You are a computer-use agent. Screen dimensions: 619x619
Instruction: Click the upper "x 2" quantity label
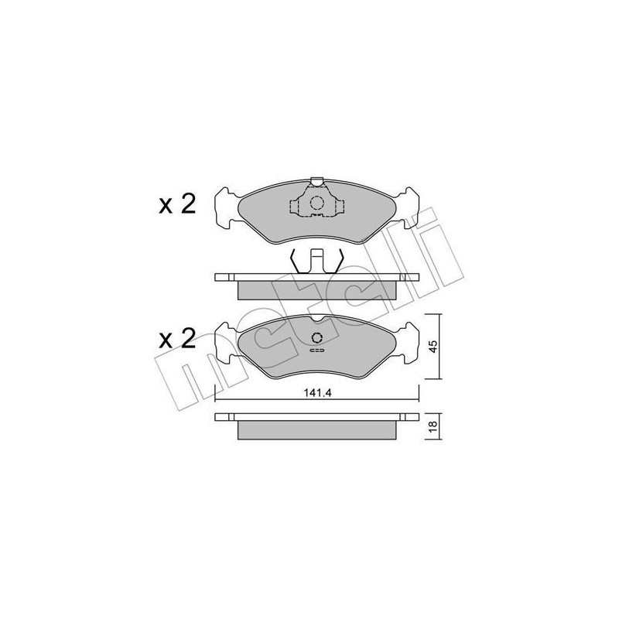click(x=177, y=204)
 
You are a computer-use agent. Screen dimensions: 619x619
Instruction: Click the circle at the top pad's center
click(x=317, y=203)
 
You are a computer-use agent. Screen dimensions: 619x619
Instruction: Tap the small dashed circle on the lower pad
click(x=317, y=338)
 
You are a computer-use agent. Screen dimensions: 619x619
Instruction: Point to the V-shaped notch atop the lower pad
click(x=317, y=319)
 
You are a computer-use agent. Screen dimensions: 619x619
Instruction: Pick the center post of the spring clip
click(x=317, y=260)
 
